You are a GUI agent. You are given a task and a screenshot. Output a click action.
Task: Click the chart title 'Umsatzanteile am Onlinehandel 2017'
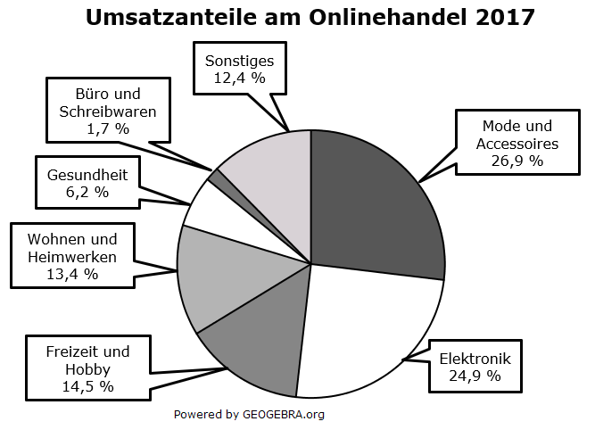tap(310, 17)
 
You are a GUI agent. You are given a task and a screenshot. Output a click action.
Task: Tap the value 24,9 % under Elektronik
tap(475, 376)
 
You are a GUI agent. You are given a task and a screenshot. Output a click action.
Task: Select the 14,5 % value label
tap(87, 386)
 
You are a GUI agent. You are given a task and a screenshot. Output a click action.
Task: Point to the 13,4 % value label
tap(72, 274)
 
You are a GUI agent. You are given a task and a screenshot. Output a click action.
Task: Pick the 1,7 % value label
tap(107, 128)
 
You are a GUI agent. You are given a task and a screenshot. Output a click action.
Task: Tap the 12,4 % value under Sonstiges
tap(239, 78)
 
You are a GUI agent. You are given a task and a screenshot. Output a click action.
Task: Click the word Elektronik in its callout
tap(475, 359)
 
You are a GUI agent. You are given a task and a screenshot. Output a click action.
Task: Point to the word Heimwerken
tap(72, 257)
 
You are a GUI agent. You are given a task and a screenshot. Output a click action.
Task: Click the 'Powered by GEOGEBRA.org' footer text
tap(249, 414)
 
